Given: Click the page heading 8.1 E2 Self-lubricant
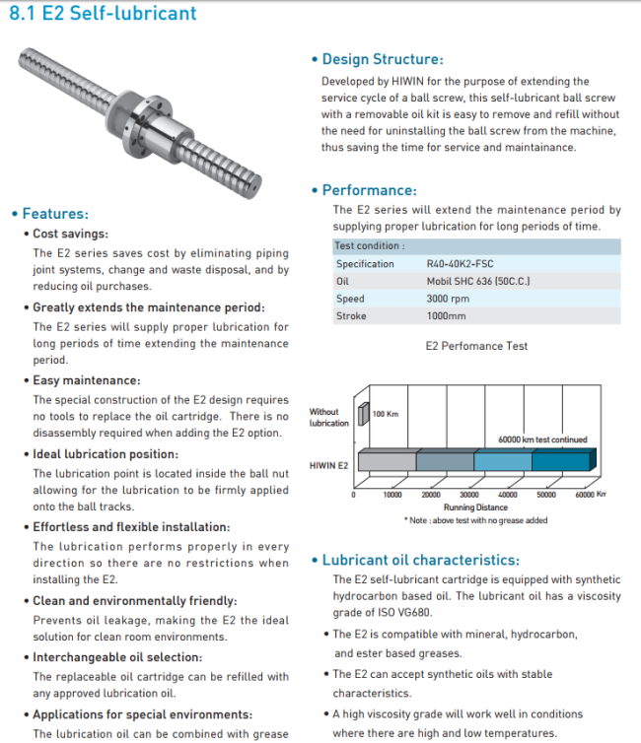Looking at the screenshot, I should point(103,14).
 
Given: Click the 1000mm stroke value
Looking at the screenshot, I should point(447,316).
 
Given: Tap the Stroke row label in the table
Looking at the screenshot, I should point(350,316).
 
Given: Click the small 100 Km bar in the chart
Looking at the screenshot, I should point(363,413).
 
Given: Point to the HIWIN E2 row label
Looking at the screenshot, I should point(328,463).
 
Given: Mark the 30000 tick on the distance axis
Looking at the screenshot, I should point(469,495).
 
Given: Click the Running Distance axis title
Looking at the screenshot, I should point(477,507).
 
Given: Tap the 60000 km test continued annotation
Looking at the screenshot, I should point(542,439).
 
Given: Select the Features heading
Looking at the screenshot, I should point(55,214).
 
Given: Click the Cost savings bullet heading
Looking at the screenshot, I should point(71,235).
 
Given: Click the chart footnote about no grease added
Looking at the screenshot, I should point(475,520).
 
